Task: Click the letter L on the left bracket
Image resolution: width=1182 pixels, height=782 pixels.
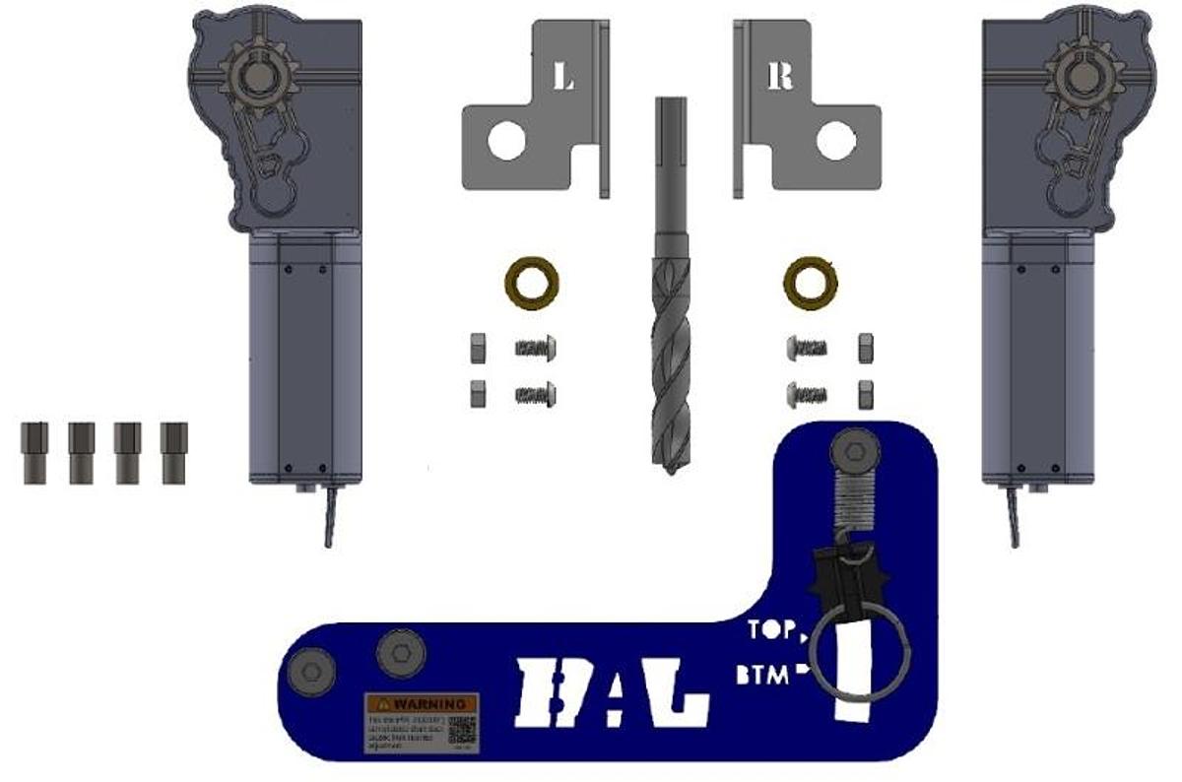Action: coord(563,78)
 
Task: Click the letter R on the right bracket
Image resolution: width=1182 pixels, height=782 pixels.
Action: coord(780,77)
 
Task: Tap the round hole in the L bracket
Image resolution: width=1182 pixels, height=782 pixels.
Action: coord(505,141)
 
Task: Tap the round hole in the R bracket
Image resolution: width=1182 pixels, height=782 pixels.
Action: coord(834,141)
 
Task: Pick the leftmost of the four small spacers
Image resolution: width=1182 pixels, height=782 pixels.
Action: coord(34,452)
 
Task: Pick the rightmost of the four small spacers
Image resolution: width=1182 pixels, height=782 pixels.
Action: coord(174,452)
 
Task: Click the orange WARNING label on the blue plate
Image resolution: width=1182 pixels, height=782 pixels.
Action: coord(422,704)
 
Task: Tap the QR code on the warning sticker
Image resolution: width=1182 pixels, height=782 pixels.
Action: coord(462,730)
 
